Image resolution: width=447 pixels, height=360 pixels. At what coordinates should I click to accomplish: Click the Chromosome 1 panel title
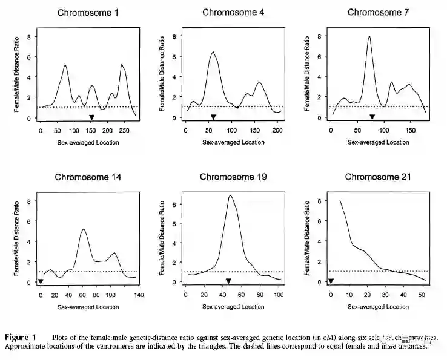(88, 13)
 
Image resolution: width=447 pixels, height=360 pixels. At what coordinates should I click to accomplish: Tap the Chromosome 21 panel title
(378, 177)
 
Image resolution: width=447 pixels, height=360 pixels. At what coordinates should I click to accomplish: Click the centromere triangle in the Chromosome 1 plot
(91, 117)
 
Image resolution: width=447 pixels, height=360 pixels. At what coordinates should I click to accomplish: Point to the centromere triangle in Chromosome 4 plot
(213, 117)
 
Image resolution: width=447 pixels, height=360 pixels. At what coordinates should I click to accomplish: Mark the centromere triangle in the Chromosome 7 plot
(372, 117)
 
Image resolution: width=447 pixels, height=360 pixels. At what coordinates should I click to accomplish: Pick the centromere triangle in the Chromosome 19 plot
(228, 281)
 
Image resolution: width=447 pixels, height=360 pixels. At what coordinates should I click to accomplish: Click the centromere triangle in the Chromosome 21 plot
(331, 281)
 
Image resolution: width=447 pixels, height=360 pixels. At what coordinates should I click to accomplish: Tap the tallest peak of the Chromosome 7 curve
(369, 37)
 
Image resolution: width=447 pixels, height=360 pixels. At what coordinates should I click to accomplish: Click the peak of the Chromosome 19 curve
(230, 195)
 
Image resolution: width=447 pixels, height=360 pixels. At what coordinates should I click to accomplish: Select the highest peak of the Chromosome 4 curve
(213, 52)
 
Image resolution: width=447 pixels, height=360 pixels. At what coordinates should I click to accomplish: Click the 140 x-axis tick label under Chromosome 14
(139, 295)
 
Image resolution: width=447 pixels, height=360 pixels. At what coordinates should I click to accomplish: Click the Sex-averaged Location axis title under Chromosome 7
(378, 142)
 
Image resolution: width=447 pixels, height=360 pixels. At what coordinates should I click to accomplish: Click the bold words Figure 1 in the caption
(21, 337)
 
